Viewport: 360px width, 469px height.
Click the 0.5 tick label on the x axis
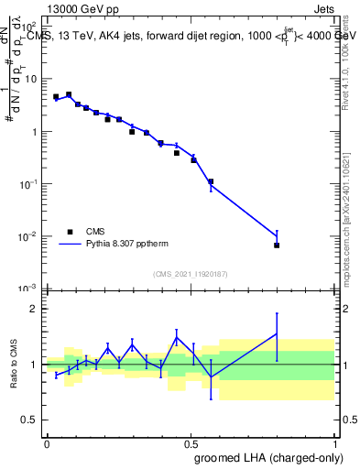point(190,442)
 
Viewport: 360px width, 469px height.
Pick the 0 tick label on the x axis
point(46,442)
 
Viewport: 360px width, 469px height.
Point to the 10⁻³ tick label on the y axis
point(30,289)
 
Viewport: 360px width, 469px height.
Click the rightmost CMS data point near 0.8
point(277,245)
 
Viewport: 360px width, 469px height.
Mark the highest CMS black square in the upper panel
point(69,94)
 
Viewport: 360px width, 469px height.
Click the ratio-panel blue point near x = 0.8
point(277,334)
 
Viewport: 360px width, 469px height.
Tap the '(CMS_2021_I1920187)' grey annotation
point(191,274)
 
